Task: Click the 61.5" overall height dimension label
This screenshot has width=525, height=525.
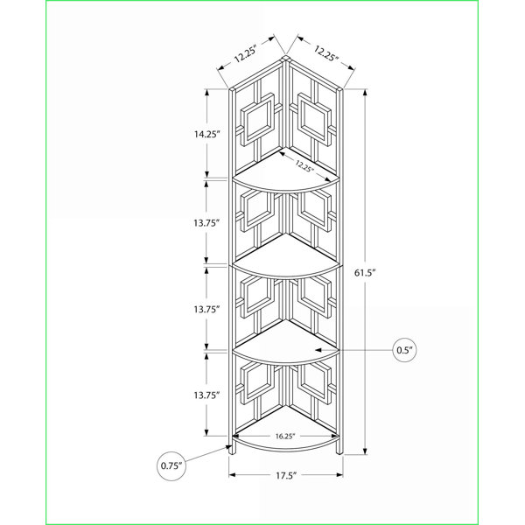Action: (365, 273)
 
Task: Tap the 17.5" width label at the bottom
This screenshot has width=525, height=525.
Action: (287, 475)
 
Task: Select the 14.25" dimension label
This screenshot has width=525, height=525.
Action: (207, 134)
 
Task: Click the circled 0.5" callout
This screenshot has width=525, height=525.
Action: (405, 350)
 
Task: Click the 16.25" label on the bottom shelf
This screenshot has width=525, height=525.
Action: (285, 437)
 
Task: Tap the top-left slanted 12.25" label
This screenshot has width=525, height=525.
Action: (245, 53)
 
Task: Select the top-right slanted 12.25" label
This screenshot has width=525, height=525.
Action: (326, 53)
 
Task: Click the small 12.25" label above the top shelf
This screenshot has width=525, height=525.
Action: (304, 165)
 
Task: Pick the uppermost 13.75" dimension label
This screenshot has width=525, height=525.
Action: (206, 222)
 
